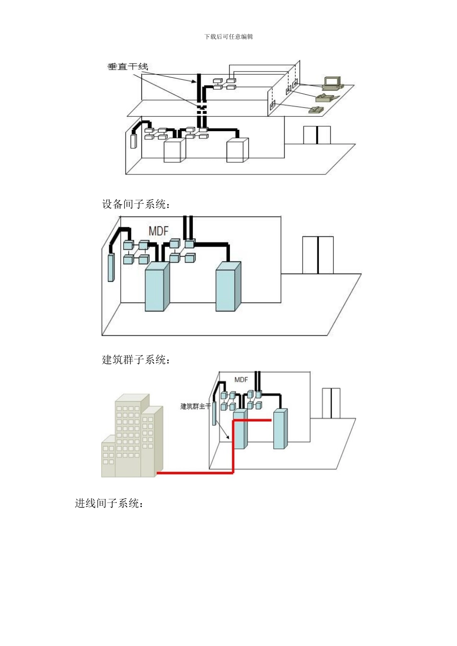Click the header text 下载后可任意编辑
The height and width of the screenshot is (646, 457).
coord(228,37)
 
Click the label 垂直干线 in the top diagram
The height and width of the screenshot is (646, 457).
coord(127,67)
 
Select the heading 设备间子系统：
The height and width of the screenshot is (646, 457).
coord(136,204)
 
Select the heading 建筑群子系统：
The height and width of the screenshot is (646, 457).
coord(136,360)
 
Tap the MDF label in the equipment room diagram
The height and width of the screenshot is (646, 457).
coord(158,231)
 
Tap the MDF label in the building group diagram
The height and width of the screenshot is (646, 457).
coord(241,380)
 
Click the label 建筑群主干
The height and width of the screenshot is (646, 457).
coord(195,406)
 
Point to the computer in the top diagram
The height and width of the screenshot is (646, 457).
coord(332,83)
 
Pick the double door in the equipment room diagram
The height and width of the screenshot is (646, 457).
coord(318,255)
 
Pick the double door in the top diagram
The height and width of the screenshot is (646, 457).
coord(317,135)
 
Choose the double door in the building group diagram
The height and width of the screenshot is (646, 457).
coord(331,403)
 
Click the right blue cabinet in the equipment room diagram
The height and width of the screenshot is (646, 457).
coord(228,286)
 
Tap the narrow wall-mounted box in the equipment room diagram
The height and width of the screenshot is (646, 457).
coord(111,267)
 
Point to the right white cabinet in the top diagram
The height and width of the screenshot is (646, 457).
coord(237,150)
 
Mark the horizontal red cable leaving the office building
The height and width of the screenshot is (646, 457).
coord(195,473)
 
